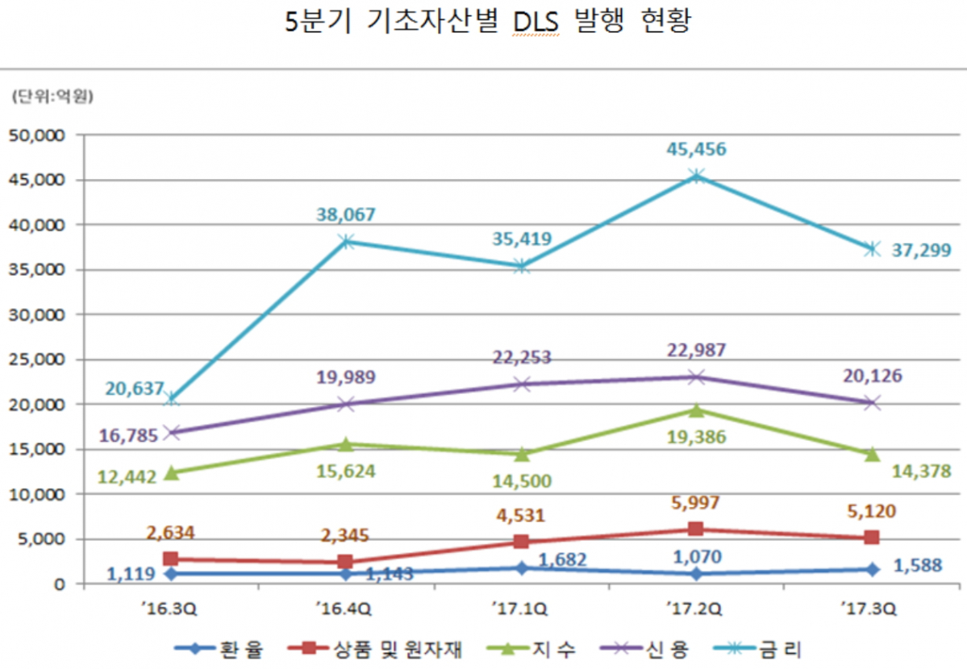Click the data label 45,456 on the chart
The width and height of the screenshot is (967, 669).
tap(695, 149)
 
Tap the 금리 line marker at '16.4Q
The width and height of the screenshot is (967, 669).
tap(346, 241)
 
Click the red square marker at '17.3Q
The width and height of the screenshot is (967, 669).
tap(871, 538)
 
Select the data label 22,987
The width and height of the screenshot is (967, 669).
tap(696, 351)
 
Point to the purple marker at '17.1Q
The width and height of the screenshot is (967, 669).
tap(521, 384)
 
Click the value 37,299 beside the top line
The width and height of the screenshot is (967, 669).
tap(921, 250)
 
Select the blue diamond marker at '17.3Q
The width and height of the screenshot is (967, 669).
tap(871, 569)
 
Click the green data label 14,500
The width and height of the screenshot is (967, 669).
tap(521, 481)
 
